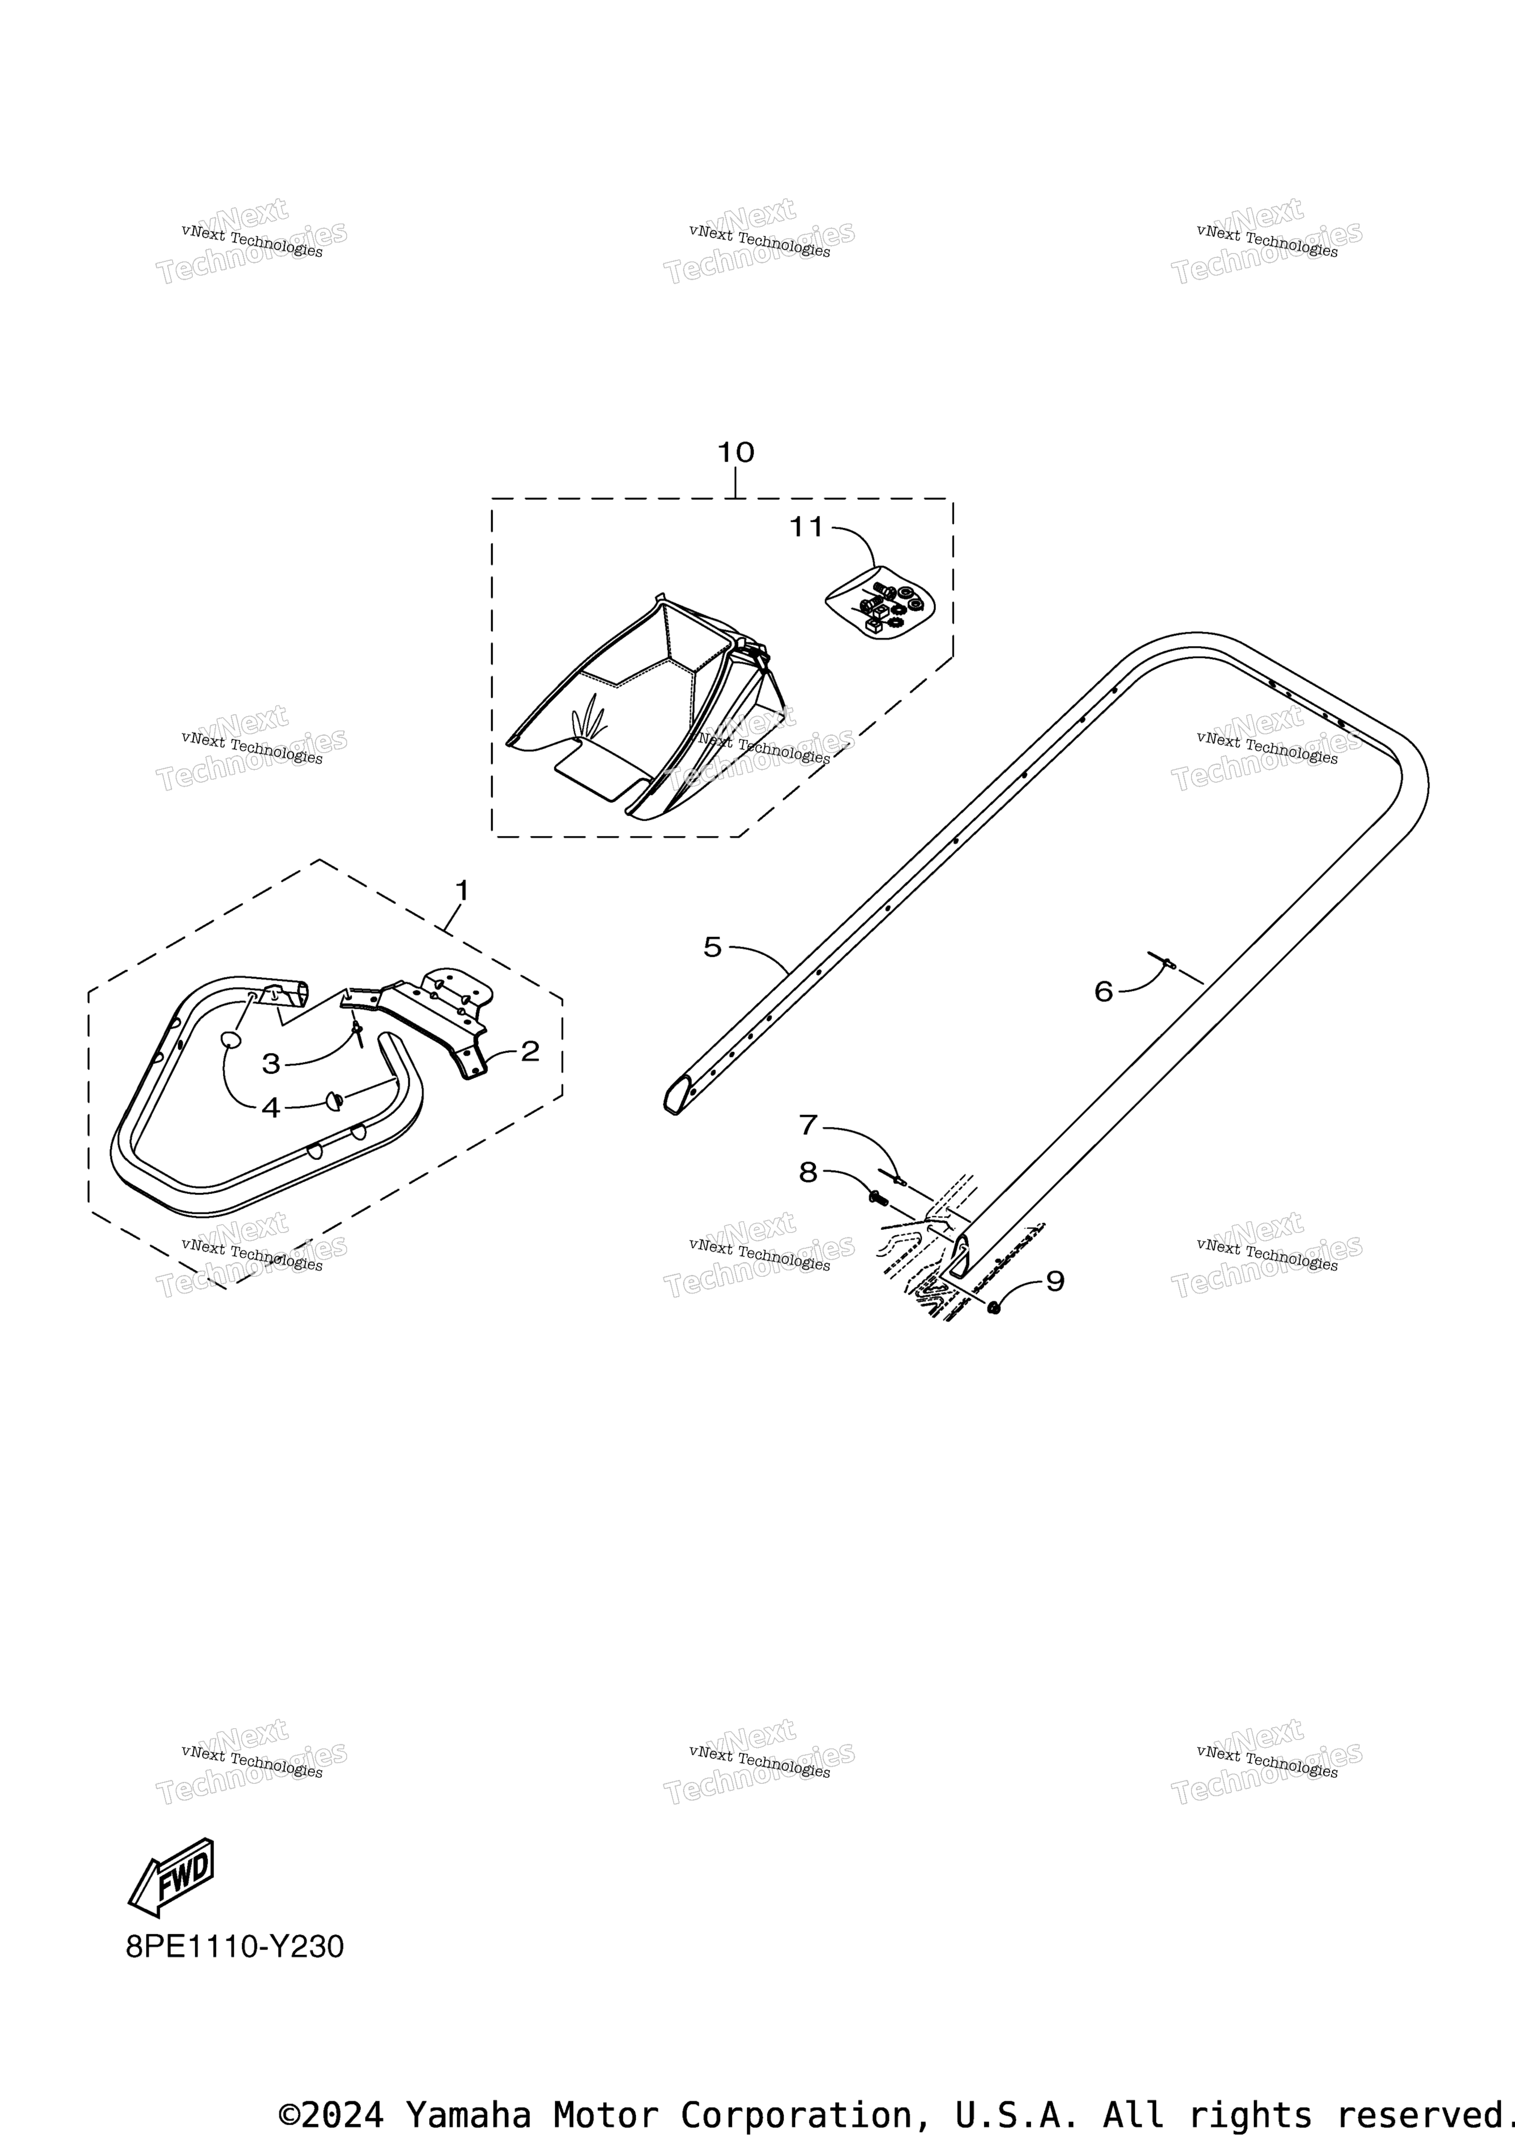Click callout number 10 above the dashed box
[735, 452]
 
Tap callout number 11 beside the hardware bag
[807, 527]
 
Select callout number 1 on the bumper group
[461, 891]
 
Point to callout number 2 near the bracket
[530, 1051]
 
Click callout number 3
[271, 1063]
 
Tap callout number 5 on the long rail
[713, 948]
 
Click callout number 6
[1104, 991]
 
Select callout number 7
[808, 1125]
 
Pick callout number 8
[808, 1172]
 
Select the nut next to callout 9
[994, 1308]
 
